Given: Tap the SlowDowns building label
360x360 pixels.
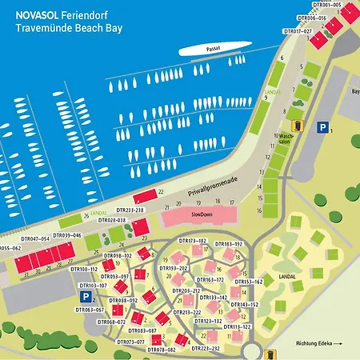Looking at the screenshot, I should point(198,216).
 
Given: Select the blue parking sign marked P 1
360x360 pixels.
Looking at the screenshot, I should point(322,127).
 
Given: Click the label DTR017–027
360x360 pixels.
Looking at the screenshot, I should point(298,30).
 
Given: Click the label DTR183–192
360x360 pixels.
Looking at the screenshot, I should point(228,243).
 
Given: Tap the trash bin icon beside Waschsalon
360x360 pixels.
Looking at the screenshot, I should point(298,126).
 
